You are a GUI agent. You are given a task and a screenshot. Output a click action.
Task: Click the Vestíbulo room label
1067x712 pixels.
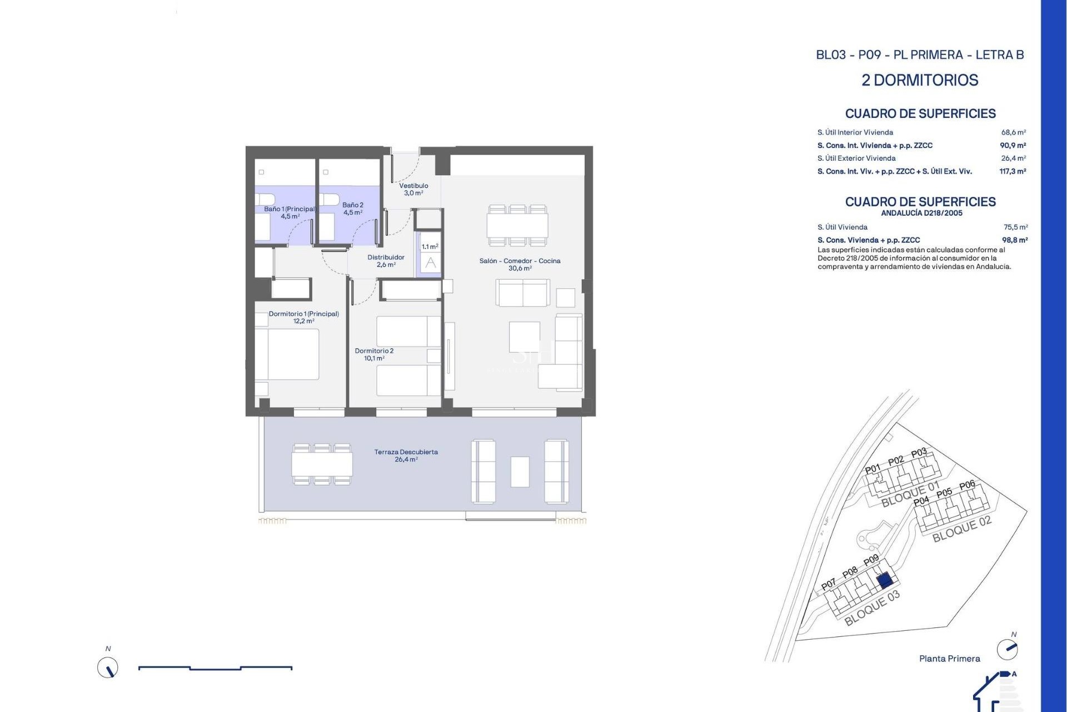(413, 189)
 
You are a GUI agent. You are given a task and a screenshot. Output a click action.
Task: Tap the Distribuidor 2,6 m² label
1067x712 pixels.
(386, 261)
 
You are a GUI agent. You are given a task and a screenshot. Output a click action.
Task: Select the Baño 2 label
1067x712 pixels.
(353, 209)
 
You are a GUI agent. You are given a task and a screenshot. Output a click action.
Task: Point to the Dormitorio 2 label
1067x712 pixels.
(374, 354)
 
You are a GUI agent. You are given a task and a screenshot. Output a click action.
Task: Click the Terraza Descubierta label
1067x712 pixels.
(406, 456)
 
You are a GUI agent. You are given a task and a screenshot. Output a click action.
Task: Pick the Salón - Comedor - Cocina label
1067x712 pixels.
(520, 264)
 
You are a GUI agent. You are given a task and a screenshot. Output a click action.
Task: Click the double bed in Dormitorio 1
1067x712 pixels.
(293, 354)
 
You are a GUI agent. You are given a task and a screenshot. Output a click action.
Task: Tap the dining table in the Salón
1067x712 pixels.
(517, 225)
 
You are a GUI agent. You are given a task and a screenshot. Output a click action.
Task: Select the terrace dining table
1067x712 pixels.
(322, 464)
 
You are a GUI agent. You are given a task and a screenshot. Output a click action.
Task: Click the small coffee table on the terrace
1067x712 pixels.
(520, 472)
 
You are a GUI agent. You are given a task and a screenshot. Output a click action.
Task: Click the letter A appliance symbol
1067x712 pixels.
(431, 263)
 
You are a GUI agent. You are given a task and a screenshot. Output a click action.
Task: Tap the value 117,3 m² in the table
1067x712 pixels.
(1013, 171)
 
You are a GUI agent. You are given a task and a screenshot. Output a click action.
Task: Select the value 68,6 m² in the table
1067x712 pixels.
(1013, 132)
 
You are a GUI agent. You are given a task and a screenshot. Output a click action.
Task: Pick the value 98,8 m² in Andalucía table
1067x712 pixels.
(1014, 240)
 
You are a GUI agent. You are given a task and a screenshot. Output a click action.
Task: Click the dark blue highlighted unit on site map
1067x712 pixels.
(885, 581)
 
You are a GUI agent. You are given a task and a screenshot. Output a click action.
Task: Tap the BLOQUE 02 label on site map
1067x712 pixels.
(961, 528)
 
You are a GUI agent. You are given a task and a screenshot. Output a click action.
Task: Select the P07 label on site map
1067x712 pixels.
(828, 584)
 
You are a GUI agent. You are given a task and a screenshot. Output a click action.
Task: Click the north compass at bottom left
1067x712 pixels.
(108, 667)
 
